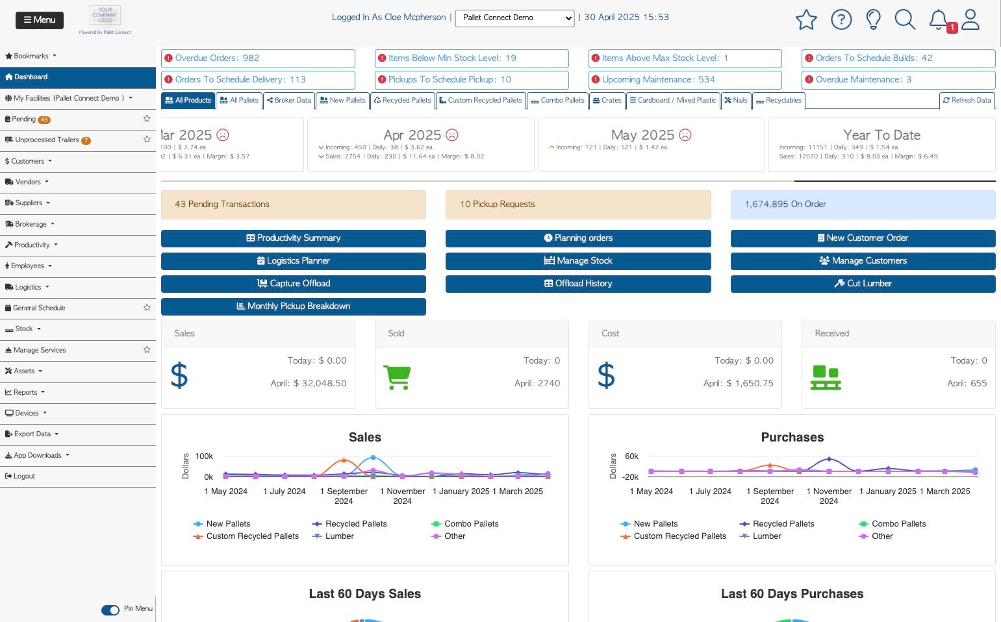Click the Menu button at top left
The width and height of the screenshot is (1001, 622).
[40, 20]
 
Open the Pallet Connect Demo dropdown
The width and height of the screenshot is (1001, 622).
[514, 18]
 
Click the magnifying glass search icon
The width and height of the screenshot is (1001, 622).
[904, 19]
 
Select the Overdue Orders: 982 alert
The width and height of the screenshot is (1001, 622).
[258, 58]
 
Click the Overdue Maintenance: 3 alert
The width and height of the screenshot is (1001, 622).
[898, 80]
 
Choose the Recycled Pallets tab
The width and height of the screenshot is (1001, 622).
[402, 101]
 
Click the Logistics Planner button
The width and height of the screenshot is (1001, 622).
[294, 261]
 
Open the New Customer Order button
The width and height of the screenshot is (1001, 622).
[863, 238]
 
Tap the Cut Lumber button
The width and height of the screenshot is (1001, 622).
[863, 284]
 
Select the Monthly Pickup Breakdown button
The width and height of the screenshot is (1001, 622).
[294, 306]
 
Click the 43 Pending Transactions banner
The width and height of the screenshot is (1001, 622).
[294, 205]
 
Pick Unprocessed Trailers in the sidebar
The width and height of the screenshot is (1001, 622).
[47, 140]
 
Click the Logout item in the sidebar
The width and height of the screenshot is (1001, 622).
[24, 477]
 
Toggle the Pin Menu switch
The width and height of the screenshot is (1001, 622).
[110, 610]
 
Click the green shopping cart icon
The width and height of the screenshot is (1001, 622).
[397, 377]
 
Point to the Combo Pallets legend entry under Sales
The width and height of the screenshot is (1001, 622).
[471, 524]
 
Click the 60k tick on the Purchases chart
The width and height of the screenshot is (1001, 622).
[631, 456]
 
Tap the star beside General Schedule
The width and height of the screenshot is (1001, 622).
[147, 308]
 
